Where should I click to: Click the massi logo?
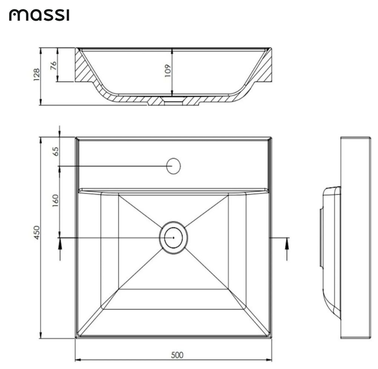(x=39, y=15)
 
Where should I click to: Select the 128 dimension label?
(x=37, y=75)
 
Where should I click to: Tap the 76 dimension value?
(x=53, y=65)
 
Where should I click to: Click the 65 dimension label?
(x=55, y=151)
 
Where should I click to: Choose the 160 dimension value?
(x=55, y=200)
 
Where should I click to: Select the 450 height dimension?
(x=37, y=233)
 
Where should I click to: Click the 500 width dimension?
(x=177, y=355)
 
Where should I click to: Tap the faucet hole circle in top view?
(x=173, y=166)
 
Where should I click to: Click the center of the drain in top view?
(x=173, y=237)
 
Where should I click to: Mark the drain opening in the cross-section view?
(x=173, y=100)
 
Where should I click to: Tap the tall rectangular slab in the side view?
(x=355, y=237)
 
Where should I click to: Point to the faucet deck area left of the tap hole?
(x=122, y=165)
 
